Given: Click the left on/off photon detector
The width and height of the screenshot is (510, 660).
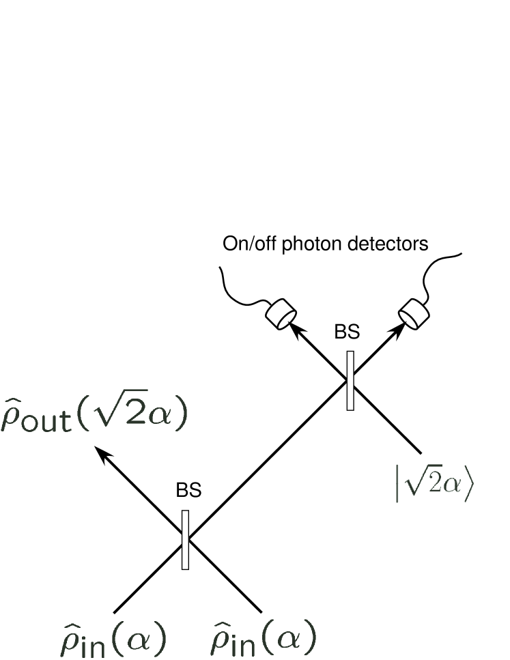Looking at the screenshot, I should pos(280,315).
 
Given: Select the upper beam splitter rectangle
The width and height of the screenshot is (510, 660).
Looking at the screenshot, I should pos(350,380).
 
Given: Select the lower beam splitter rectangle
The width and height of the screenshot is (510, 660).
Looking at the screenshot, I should pos(186,539).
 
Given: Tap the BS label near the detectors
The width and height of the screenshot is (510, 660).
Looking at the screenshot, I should pos(346,332).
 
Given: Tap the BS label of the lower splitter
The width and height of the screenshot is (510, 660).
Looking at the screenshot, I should pos(189,491).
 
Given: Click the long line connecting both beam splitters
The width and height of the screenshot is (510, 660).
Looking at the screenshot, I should pos(266,461).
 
